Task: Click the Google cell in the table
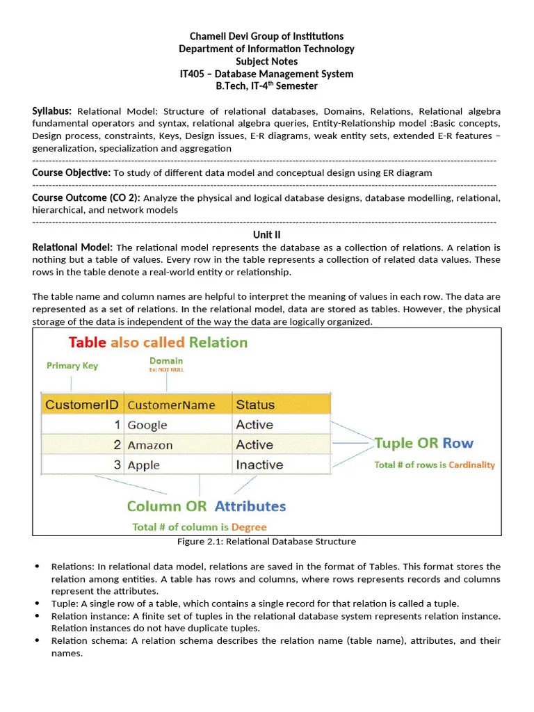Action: pos(147,425)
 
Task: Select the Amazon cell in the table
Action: pos(151,445)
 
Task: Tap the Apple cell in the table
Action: pos(144,465)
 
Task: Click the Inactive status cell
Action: pos(259,465)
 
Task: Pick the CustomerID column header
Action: pos(81,405)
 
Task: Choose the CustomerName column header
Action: pos(171,405)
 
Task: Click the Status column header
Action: pos(255,405)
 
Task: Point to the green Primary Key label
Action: pos(72,366)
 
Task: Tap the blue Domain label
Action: pos(166,361)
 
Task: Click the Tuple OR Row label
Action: pos(424,443)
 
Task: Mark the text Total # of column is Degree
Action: pos(200,527)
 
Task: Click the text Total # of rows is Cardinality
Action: pos(434,464)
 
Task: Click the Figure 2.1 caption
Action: pos(267,542)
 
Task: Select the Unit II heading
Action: pos(267,235)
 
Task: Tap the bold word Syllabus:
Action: pos(52,111)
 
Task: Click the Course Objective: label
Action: pos(72,172)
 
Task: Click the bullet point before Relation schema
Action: pos(37,641)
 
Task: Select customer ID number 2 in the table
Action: pos(117,445)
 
